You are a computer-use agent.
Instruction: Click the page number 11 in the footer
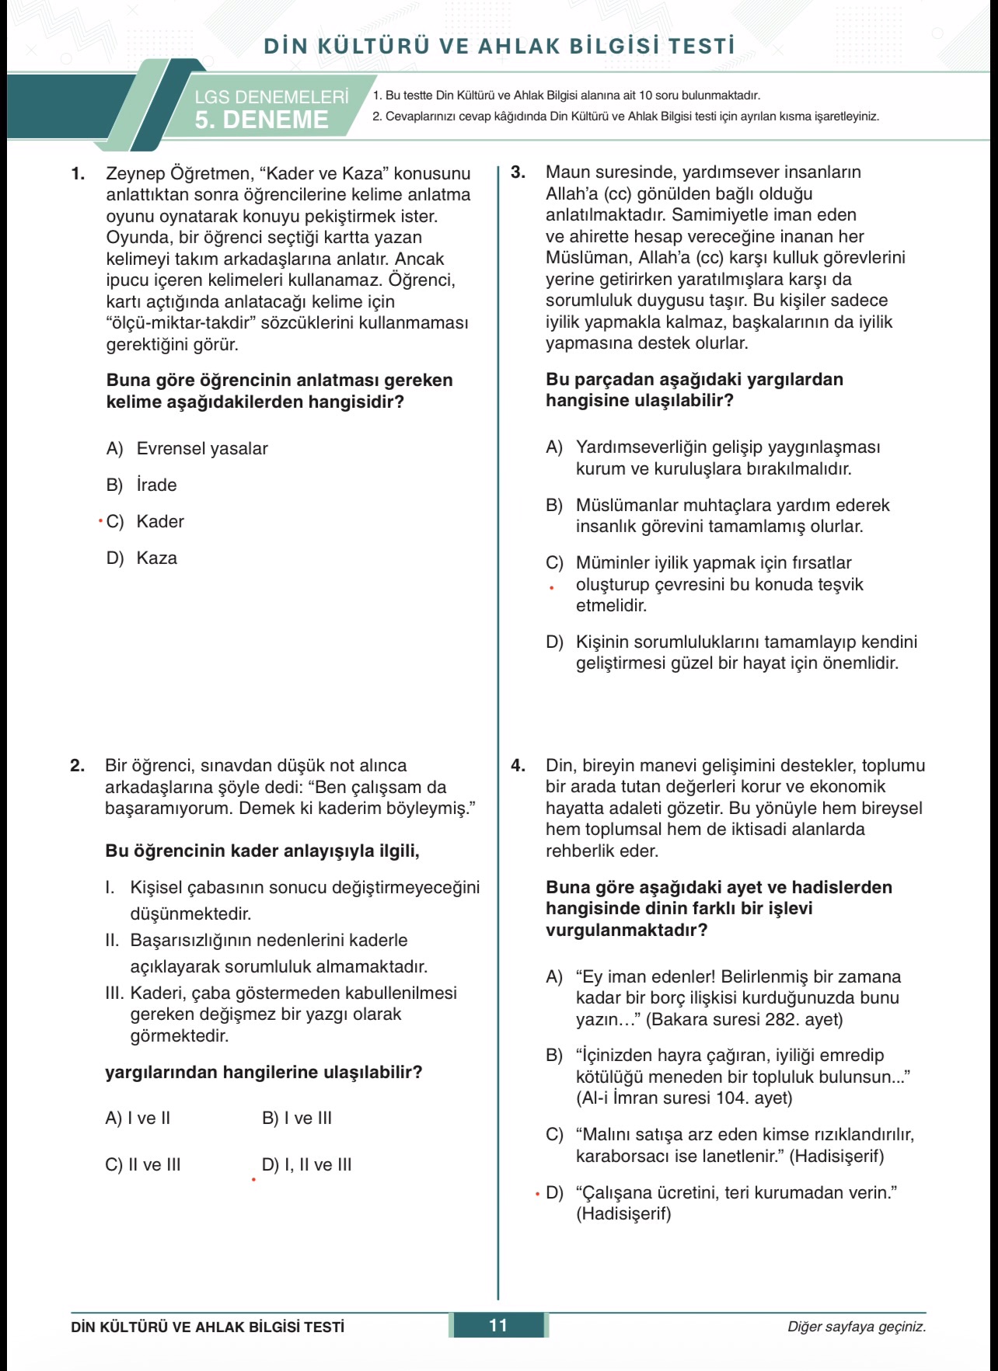pyautogui.click(x=498, y=1325)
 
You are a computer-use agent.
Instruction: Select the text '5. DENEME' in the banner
pyautogui.click(x=261, y=120)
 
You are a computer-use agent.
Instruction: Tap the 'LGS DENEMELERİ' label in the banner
pyautogui.click(x=271, y=97)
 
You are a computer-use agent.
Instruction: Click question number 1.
pyautogui.click(x=78, y=174)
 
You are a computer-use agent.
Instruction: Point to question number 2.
pyautogui.click(x=77, y=766)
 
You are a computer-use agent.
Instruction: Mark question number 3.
pyautogui.click(x=518, y=172)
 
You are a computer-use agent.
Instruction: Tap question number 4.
pyautogui.click(x=518, y=766)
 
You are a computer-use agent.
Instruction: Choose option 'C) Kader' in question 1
pyautogui.click(x=145, y=521)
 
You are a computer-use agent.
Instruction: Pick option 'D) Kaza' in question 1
pyautogui.click(x=141, y=558)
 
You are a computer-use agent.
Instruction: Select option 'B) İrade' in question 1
pyautogui.click(x=141, y=485)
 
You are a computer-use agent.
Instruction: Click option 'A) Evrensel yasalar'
pyautogui.click(x=187, y=448)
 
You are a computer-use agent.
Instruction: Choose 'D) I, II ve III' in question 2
pyautogui.click(x=307, y=1164)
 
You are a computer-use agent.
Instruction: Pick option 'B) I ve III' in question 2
pyautogui.click(x=297, y=1118)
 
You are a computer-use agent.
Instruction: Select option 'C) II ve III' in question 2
pyautogui.click(x=143, y=1164)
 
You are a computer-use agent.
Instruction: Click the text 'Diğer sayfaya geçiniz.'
pyautogui.click(x=857, y=1327)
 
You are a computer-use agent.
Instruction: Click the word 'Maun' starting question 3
pyautogui.click(x=567, y=172)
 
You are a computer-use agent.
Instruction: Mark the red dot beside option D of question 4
pyautogui.click(x=537, y=1194)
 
